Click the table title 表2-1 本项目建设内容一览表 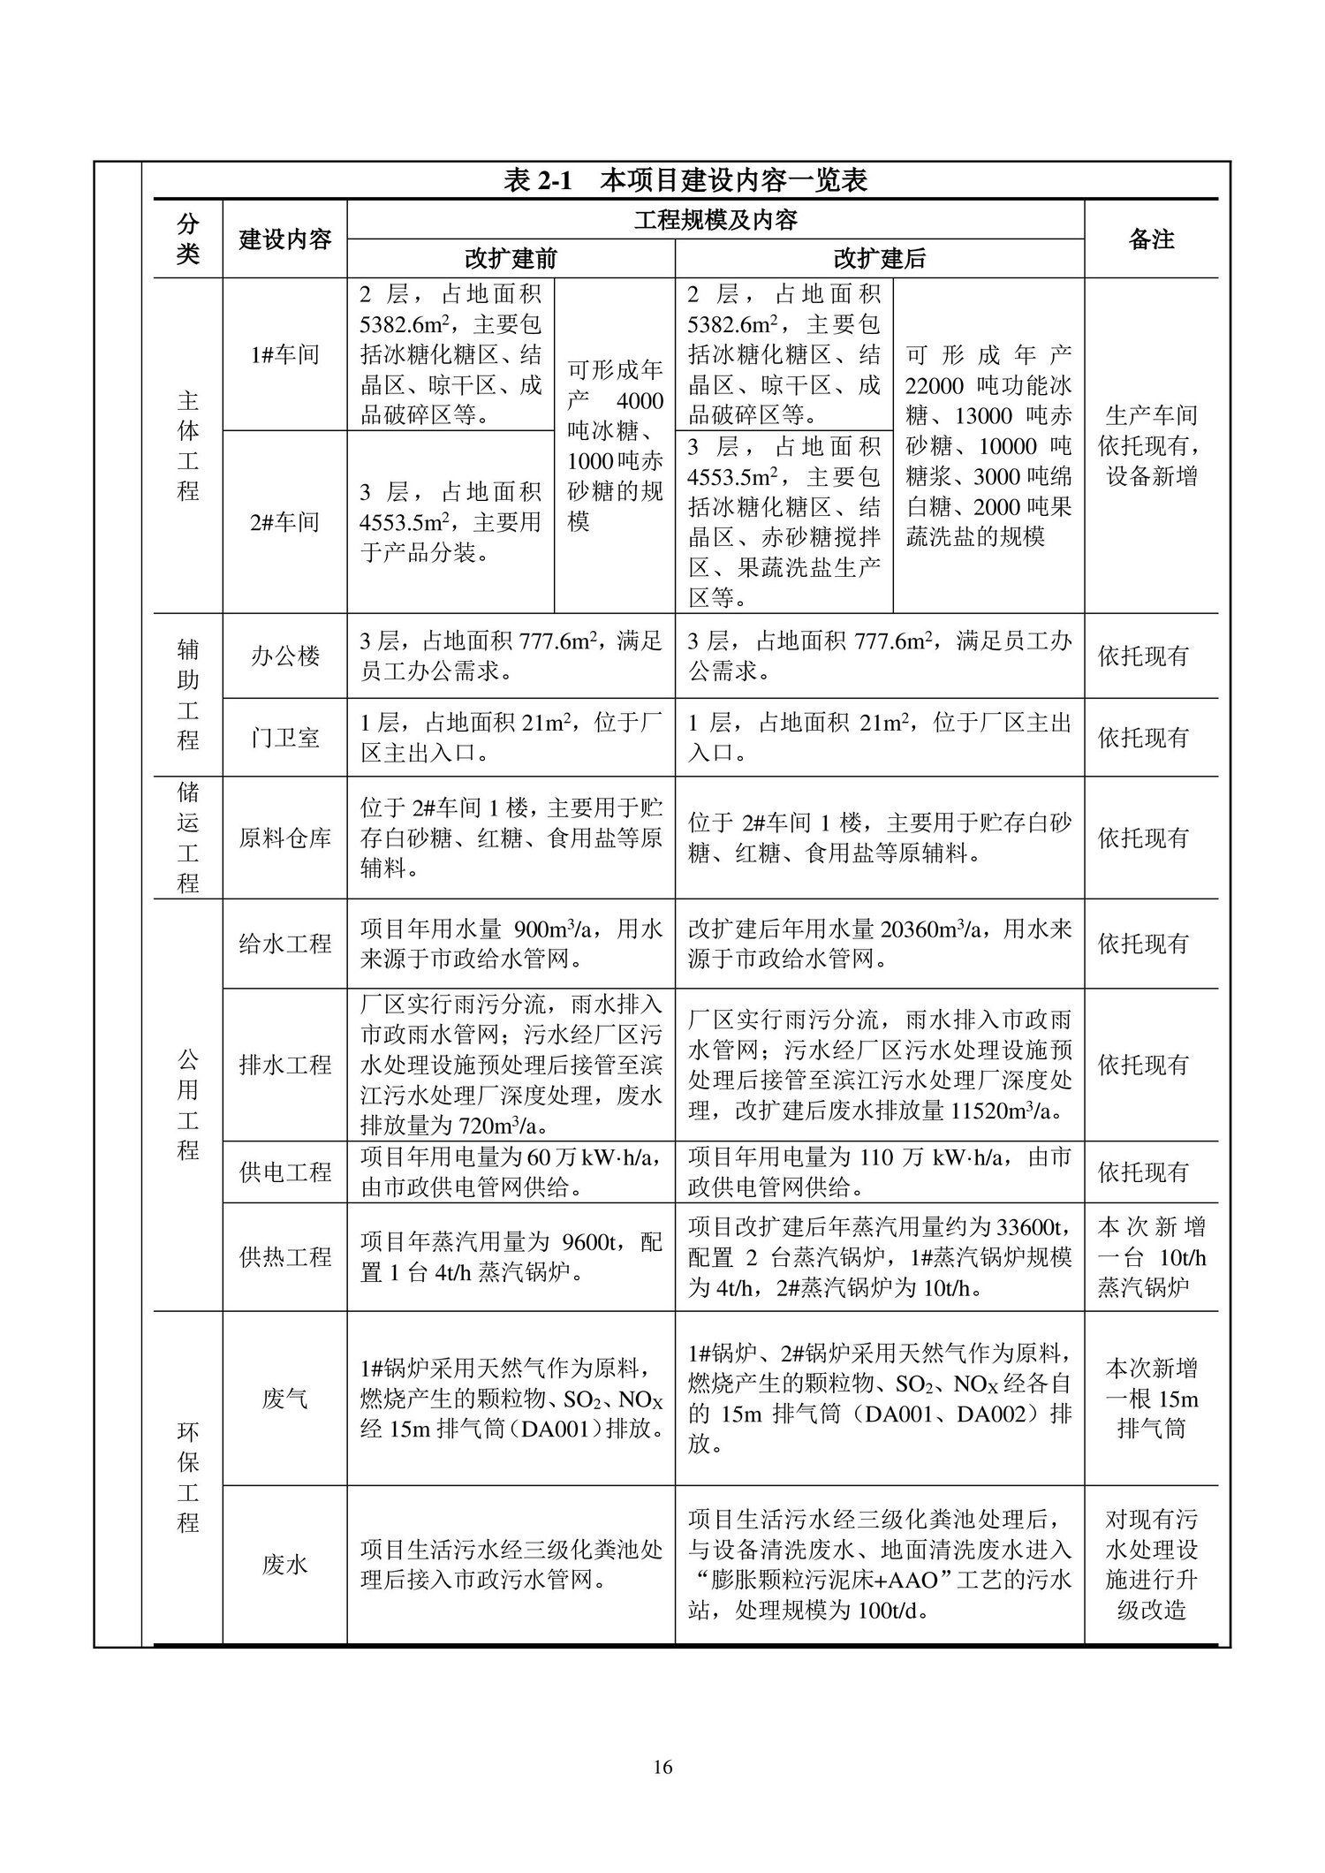[x=685, y=180]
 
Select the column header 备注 [x=1151, y=239]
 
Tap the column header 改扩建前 [x=511, y=259]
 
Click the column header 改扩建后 [x=879, y=259]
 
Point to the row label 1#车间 [x=284, y=355]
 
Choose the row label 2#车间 [x=284, y=522]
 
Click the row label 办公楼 [x=284, y=656]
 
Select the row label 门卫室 [x=284, y=738]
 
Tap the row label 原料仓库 [x=284, y=838]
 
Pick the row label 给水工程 [x=284, y=944]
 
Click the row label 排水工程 [x=284, y=1065]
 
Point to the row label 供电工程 [x=284, y=1172]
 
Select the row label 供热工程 [x=284, y=1256]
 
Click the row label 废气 [x=284, y=1399]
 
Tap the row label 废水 [x=284, y=1565]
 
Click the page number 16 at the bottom [x=662, y=1767]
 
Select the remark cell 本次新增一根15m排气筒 [x=1151, y=1399]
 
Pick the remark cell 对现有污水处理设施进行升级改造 [x=1151, y=1565]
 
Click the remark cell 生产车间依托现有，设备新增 [x=1151, y=446]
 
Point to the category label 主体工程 [x=188, y=446]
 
